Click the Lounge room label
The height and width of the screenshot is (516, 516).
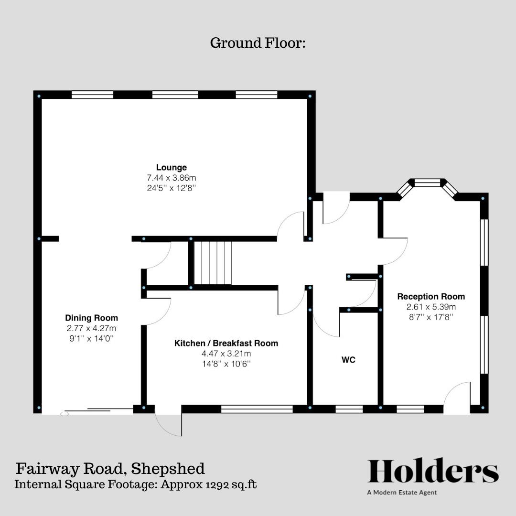pos(172,167)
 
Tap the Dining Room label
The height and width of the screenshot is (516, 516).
pos(91,318)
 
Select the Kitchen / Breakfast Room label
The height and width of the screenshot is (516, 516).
pos(226,343)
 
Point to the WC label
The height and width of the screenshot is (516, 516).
pos(348,360)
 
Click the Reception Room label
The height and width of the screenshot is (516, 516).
pos(431,297)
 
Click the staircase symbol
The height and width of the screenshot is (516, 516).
pos(213,263)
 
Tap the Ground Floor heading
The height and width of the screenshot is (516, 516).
pos(258,43)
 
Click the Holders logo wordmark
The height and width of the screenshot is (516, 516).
pos(433,472)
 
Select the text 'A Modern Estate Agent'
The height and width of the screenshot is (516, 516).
pos(402,493)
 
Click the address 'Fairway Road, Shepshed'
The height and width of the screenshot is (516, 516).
pos(110,468)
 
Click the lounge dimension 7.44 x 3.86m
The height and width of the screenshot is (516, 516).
pos(172,178)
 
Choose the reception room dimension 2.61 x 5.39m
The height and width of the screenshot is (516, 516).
pos(431,307)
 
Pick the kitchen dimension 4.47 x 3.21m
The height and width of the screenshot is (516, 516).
pos(226,354)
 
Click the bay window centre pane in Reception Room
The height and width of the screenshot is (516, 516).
pos(427,183)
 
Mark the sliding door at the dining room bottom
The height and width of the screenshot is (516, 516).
pos(98,410)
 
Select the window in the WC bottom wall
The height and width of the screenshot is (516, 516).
pos(349,409)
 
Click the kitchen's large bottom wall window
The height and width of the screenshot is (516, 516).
pos(257,409)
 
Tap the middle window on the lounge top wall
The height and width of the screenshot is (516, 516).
pos(175,95)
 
